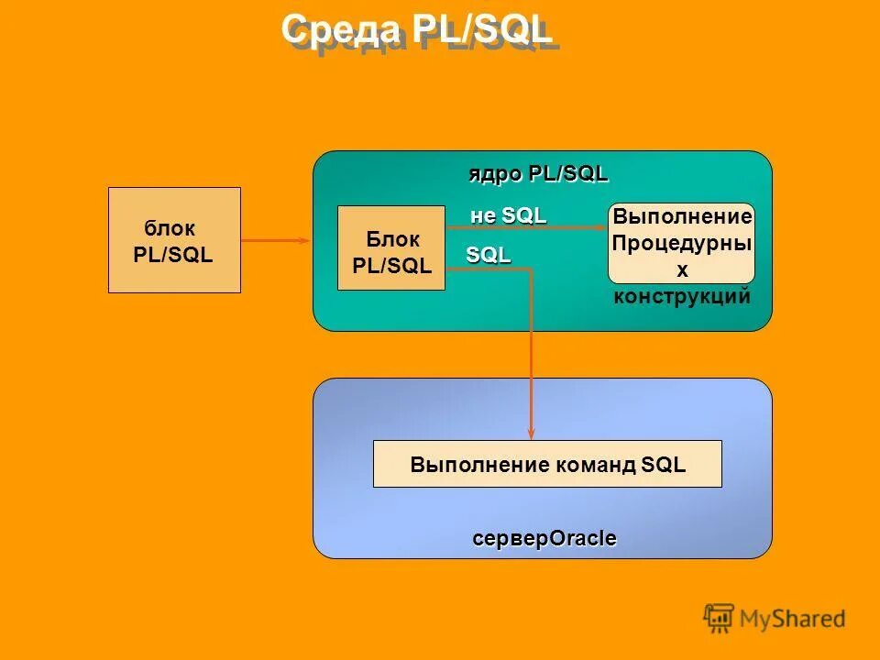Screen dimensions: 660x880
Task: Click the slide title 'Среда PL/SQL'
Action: point(417,30)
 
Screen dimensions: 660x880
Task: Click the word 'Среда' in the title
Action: point(341,30)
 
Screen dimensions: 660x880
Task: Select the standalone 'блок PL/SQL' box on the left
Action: point(174,240)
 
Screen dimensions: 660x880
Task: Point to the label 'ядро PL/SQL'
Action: point(538,173)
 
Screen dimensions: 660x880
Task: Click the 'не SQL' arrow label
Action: point(508,215)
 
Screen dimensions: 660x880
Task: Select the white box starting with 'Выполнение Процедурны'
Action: point(681,243)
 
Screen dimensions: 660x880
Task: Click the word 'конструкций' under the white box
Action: point(681,296)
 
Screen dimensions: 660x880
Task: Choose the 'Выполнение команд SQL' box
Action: point(547,464)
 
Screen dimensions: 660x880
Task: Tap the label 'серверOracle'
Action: point(544,538)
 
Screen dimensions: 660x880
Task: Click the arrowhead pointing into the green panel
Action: point(307,240)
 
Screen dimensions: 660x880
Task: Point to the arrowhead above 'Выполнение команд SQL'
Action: point(532,434)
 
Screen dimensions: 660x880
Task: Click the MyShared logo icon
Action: point(719,619)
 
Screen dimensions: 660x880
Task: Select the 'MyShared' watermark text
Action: point(792,620)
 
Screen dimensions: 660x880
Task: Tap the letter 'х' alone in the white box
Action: point(681,269)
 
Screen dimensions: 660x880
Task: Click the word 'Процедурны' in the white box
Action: point(681,243)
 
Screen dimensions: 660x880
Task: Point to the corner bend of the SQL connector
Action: point(532,269)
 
